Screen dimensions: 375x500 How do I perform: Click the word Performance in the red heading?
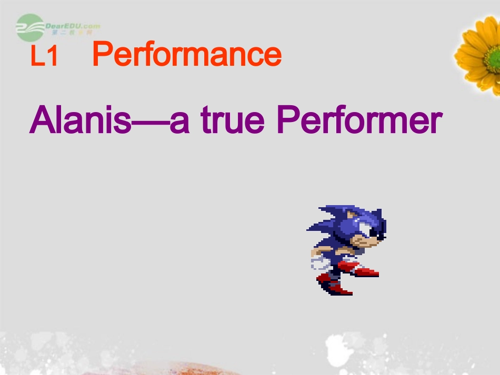(187, 55)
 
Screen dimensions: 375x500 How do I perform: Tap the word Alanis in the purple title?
(79, 120)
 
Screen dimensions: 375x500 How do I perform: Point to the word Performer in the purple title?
(359, 121)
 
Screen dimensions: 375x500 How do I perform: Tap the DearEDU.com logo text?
(73, 26)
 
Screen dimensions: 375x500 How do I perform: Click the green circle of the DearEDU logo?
(30, 28)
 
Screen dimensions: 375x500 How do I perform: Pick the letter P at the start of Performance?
(101, 55)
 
